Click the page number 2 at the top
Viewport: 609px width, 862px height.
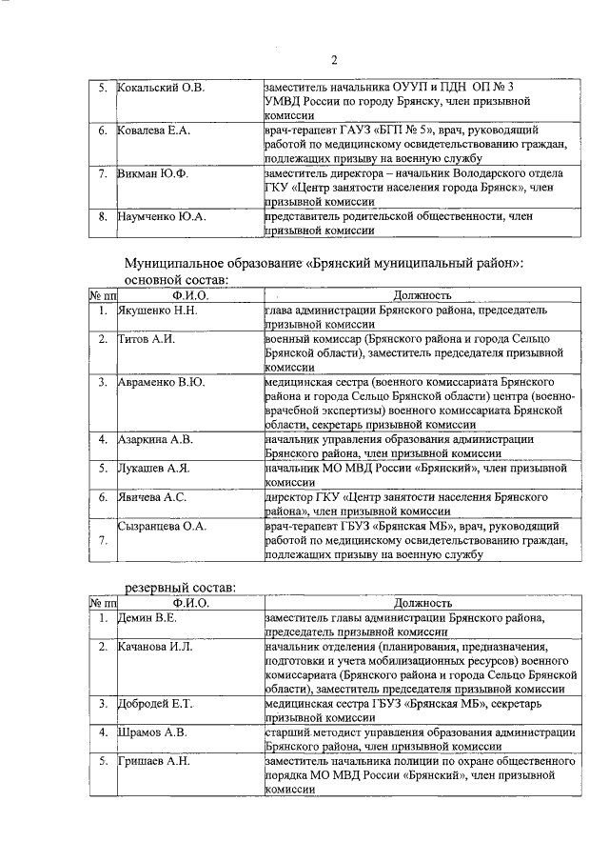(334, 62)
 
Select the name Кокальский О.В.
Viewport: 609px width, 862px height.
(161, 88)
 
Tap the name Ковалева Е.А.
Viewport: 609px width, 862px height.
(154, 130)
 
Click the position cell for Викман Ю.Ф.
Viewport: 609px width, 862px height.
(420, 188)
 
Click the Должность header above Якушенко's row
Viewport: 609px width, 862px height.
(421, 296)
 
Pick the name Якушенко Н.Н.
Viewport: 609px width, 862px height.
(157, 311)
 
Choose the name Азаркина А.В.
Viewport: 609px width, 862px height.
(156, 439)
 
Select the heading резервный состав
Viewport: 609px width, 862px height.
(181, 587)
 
